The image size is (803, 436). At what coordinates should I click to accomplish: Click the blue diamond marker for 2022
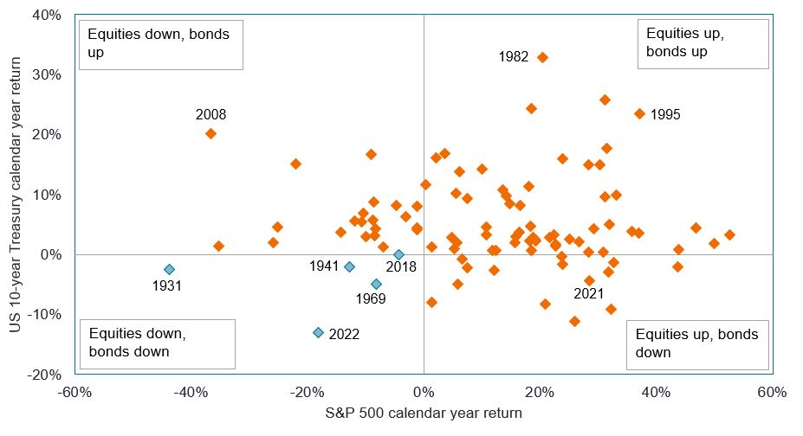[318, 332]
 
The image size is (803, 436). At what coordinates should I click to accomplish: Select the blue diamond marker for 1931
[169, 269]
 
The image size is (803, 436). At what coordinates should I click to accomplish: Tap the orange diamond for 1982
[543, 57]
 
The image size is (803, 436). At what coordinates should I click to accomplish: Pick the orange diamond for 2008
[210, 133]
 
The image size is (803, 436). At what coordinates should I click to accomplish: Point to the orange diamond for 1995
[639, 113]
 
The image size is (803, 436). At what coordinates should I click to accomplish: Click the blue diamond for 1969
[376, 284]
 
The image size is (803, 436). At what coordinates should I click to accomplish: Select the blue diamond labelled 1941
[349, 266]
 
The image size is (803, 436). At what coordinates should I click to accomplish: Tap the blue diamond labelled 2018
[398, 254]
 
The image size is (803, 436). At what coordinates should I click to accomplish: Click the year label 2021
[590, 294]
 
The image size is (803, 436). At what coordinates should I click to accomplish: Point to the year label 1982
[513, 57]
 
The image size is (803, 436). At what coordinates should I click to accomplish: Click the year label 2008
[210, 114]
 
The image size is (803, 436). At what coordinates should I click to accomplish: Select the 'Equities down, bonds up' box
[161, 43]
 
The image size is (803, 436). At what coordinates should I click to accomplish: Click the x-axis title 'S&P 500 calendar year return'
[423, 414]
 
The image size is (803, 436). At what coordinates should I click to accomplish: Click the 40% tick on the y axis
[47, 15]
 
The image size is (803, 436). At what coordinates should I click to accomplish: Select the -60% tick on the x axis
[74, 393]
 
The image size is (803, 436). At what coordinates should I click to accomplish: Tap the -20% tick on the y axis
[45, 375]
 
